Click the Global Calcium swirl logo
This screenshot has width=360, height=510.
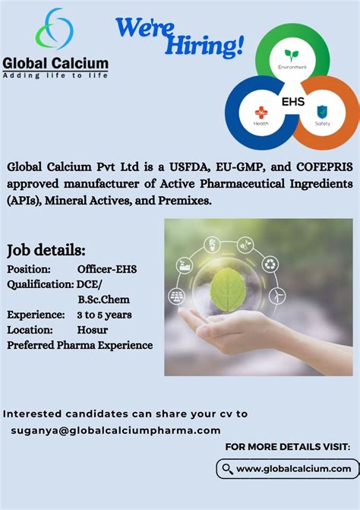55,30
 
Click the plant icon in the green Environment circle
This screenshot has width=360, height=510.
292,55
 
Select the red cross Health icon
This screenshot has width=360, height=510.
261,111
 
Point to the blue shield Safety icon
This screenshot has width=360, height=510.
322,111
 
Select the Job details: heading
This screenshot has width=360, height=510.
46,250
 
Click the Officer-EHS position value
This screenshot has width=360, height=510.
107,269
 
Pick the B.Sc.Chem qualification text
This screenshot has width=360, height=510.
103,299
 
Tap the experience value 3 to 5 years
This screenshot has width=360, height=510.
105,314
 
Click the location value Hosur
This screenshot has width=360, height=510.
92,329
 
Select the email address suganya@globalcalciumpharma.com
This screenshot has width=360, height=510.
115,430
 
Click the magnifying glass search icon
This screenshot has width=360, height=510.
226,468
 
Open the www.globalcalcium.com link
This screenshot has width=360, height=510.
293,469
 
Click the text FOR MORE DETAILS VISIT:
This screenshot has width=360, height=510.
288,447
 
